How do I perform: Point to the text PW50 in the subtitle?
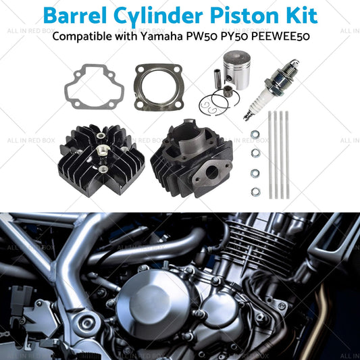click(x=201, y=36)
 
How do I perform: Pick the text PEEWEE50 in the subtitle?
click(x=280, y=36)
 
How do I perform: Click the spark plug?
click(x=271, y=89)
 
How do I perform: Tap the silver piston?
click(x=236, y=70)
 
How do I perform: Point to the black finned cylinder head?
click(x=101, y=160)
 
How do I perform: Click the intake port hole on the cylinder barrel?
click(x=211, y=172)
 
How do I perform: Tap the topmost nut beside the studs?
click(x=255, y=134)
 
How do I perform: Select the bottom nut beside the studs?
click(x=255, y=192)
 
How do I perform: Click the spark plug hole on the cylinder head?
click(x=101, y=150)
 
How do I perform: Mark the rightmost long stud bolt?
click(x=287, y=155)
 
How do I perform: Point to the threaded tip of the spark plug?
click(x=247, y=116)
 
